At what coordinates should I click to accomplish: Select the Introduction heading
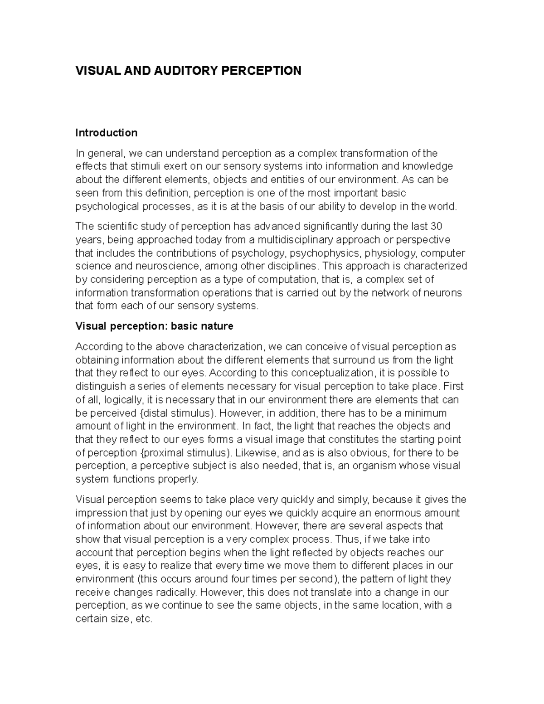(106, 133)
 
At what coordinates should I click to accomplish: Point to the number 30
(436, 226)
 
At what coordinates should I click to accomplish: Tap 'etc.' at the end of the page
(144, 619)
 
